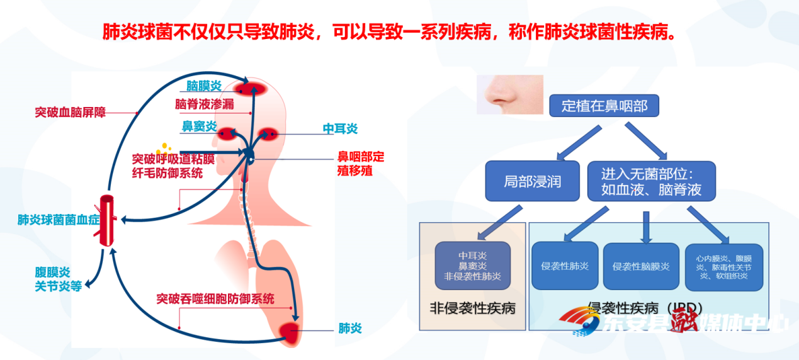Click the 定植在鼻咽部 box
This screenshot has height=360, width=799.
click(604, 106)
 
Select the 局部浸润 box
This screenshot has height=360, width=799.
click(532, 181)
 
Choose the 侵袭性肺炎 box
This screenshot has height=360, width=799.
click(564, 266)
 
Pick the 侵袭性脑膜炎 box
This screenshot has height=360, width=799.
click(642, 266)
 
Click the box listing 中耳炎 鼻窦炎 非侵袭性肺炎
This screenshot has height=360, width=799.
click(472, 266)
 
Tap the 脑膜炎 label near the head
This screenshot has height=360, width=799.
click(203, 86)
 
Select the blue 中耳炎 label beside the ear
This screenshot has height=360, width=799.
click(340, 129)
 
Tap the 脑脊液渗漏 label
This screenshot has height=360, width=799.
click(204, 104)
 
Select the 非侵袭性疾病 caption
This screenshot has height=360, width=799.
click(472, 308)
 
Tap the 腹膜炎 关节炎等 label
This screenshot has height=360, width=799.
click(58, 279)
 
